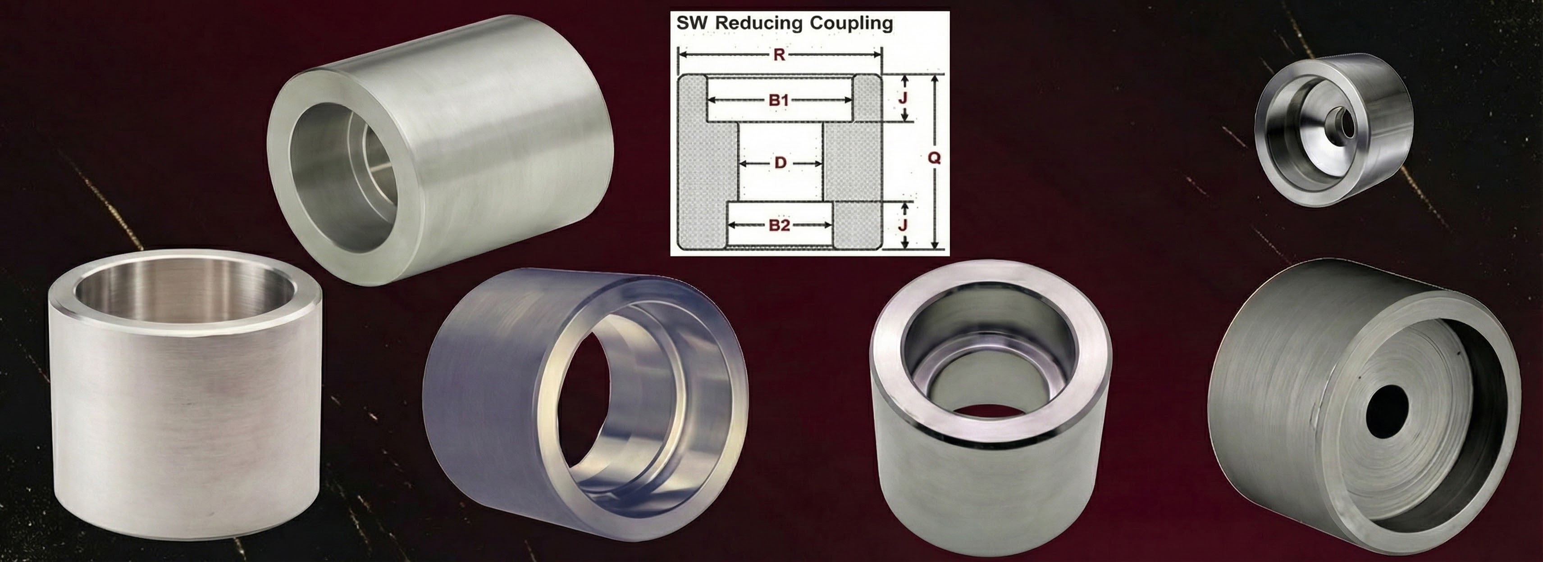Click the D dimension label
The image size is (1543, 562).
click(780, 163)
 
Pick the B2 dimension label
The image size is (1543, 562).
click(779, 226)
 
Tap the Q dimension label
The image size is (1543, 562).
click(933, 158)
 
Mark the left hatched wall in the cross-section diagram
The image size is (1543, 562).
click(707, 173)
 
